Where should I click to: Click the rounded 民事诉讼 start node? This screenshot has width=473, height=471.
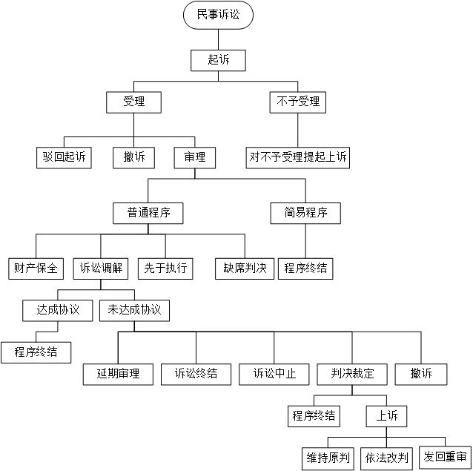click(x=218, y=15)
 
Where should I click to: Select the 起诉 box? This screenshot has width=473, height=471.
click(x=218, y=60)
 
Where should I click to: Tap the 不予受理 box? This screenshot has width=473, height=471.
click(x=298, y=102)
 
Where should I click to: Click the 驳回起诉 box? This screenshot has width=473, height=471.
click(x=64, y=157)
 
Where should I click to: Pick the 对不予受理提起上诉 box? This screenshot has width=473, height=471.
click(x=298, y=157)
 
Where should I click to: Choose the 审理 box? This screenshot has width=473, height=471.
click(x=195, y=157)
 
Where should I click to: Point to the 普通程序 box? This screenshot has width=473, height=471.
click(x=148, y=213)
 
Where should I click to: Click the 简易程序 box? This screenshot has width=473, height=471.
click(x=305, y=213)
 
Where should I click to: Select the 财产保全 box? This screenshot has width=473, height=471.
click(x=36, y=269)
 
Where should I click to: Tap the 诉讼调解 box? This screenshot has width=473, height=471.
click(x=101, y=269)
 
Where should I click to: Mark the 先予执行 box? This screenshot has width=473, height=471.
click(x=165, y=269)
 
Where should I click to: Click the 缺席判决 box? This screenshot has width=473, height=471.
click(x=245, y=269)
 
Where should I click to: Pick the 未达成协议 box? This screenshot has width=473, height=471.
click(x=134, y=311)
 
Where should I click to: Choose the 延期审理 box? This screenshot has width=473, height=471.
click(x=119, y=375)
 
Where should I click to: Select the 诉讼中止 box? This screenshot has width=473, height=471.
click(x=274, y=375)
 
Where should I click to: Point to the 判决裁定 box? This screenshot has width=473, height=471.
click(x=352, y=375)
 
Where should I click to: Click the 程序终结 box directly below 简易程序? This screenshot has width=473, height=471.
click(x=305, y=269)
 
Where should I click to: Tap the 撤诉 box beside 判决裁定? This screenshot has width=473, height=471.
click(x=421, y=375)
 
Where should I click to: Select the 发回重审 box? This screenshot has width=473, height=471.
click(x=446, y=458)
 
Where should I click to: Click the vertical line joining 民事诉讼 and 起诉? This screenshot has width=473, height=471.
click(x=218, y=40)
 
